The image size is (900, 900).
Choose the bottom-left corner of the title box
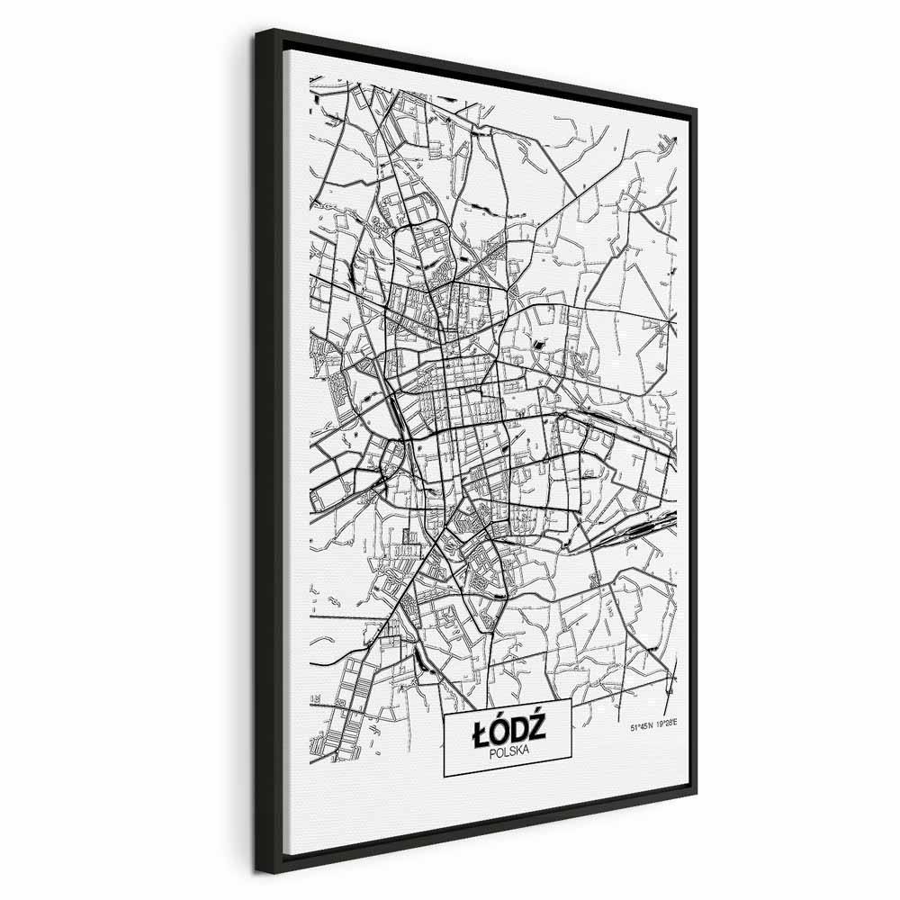coord(445,777)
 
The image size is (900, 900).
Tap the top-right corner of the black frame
coord(697,109)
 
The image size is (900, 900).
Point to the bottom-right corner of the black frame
coord(697,794)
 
